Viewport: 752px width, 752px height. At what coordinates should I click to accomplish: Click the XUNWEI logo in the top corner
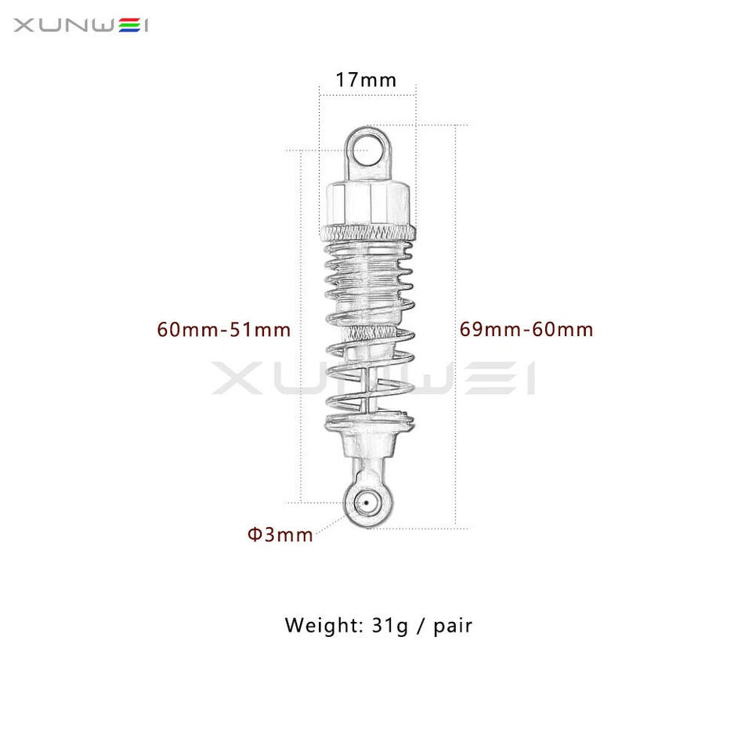(x=81, y=26)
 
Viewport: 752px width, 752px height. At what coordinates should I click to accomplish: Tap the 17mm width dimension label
(x=366, y=80)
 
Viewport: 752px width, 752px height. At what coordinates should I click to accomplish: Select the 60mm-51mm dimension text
(x=224, y=330)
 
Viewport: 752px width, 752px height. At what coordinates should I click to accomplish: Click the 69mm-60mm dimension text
(x=526, y=330)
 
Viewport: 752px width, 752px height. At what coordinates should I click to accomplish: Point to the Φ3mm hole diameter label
(x=280, y=535)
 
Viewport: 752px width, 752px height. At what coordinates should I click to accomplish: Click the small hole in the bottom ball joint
(x=366, y=502)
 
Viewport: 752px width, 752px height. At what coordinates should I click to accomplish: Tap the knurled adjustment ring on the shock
(x=366, y=231)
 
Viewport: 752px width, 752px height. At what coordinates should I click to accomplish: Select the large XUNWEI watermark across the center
(x=374, y=378)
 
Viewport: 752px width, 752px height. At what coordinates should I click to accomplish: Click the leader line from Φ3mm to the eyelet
(x=330, y=523)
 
